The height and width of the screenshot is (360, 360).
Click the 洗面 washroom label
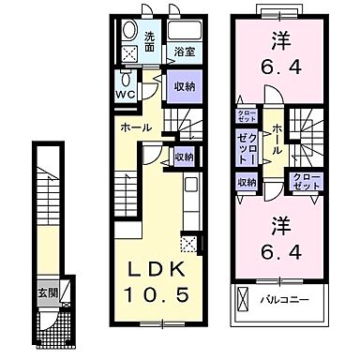[x=151, y=41]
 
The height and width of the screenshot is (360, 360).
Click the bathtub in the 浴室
[x=183, y=32]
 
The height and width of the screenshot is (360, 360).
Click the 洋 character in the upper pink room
[x=279, y=42]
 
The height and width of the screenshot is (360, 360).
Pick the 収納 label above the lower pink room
[x=246, y=183]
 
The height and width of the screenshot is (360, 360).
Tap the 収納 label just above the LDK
[x=184, y=157]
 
